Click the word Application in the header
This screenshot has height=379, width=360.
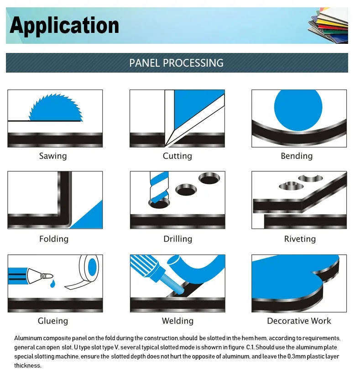(x=64, y=26)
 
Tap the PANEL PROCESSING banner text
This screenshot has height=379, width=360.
(x=176, y=63)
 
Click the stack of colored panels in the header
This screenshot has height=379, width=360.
(x=328, y=26)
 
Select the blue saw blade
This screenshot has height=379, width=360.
(x=56, y=107)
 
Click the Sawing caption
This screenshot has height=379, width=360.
(x=53, y=156)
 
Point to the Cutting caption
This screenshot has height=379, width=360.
(x=177, y=156)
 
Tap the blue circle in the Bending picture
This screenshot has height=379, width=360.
(x=298, y=110)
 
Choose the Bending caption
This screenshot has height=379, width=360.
(x=297, y=156)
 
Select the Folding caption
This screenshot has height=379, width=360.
(x=54, y=239)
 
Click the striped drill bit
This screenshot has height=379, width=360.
(x=159, y=188)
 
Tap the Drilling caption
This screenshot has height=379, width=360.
(x=177, y=239)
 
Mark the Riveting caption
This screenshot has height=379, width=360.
(x=300, y=239)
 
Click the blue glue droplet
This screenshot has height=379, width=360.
(x=52, y=284)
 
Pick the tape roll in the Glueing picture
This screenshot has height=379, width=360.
(x=83, y=272)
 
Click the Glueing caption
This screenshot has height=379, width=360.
(x=53, y=321)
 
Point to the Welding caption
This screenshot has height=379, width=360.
(x=177, y=321)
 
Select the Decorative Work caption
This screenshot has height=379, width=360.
(x=299, y=321)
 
